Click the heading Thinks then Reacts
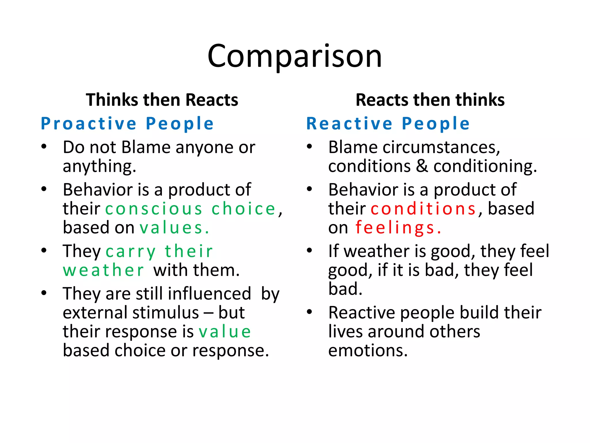coord(162,100)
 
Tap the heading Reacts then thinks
coord(430,100)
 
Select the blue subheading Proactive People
coord(127,123)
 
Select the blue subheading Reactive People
coord(388,123)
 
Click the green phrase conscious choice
coord(190,209)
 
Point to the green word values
coord(174,228)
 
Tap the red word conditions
coord(423,209)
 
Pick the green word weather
coord(103,271)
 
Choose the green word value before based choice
coord(225,332)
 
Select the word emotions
coord(368,351)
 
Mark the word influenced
coord(209,294)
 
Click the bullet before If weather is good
coord(309,250)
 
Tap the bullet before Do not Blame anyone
coord(44,147)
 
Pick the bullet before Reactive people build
coord(309,312)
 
